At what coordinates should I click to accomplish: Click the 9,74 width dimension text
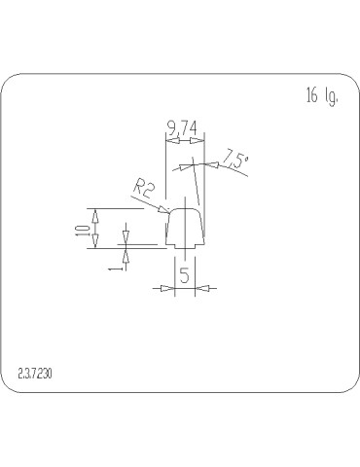(x=183, y=127)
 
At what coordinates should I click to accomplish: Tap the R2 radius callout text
(x=143, y=189)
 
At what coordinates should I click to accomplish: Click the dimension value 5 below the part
(x=184, y=275)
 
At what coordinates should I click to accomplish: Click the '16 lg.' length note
(x=322, y=95)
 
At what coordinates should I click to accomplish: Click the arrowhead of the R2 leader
(x=166, y=209)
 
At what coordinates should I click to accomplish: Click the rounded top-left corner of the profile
(x=171, y=211)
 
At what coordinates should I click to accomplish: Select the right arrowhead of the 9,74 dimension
(x=200, y=141)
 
